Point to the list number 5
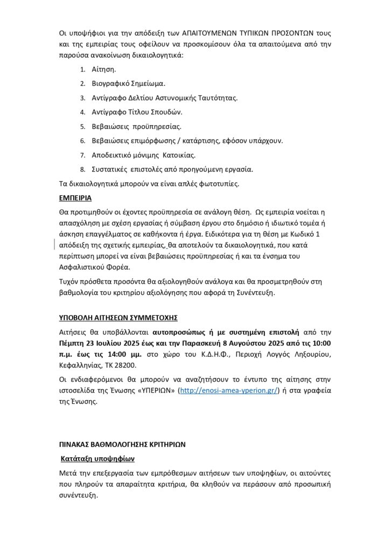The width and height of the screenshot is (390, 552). point(83,127)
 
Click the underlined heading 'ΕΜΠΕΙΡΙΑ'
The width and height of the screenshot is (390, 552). point(75,198)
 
